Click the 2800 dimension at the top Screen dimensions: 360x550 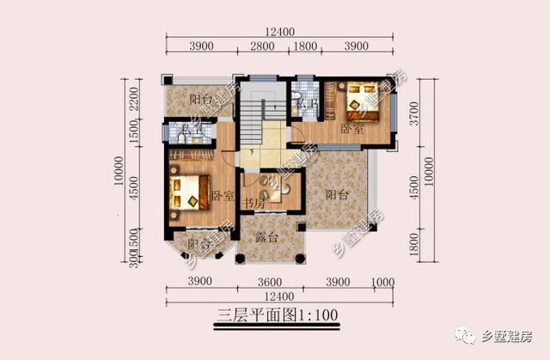coord(263,46)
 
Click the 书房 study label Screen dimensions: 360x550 coord(253,203)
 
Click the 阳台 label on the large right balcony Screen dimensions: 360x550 coord(336,195)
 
